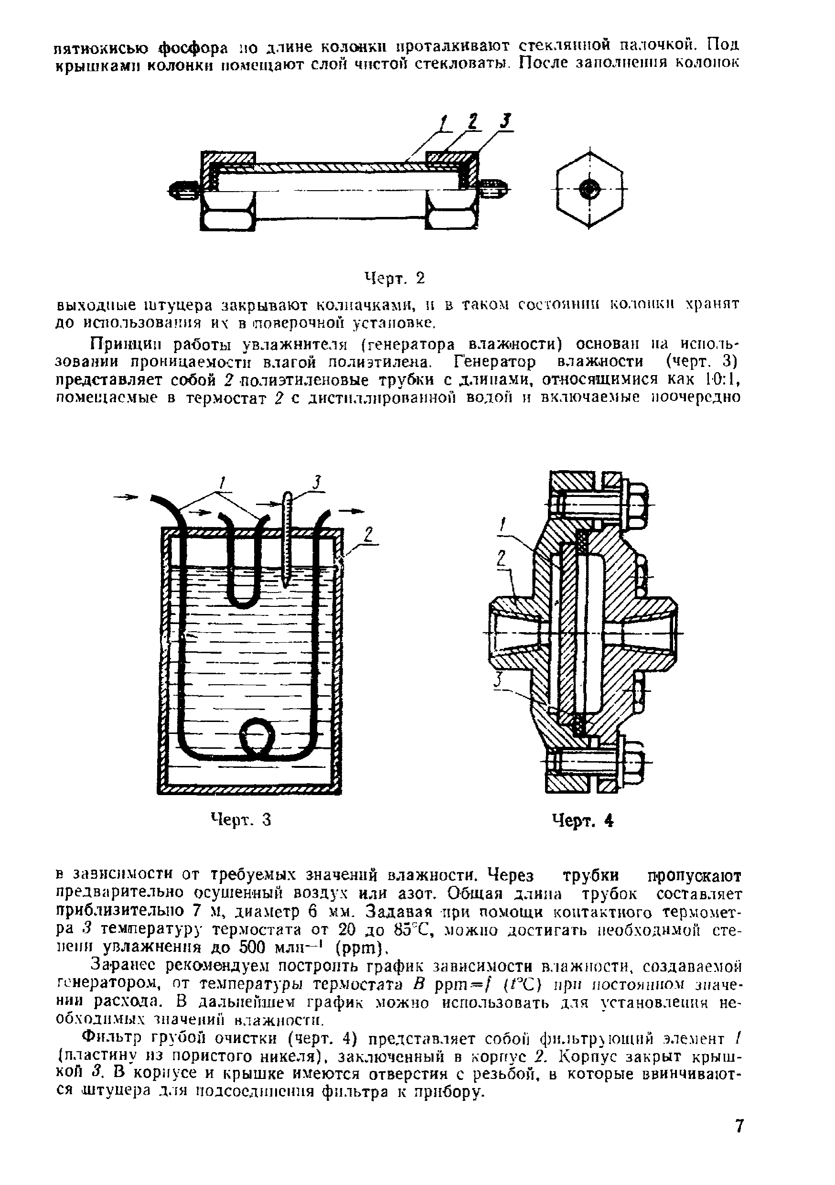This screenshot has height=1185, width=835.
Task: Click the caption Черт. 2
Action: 394,279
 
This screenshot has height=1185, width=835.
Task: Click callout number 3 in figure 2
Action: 507,122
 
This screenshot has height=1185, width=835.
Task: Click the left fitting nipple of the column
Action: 183,189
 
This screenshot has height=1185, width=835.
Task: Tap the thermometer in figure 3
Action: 288,537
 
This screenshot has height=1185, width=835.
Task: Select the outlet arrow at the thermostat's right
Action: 351,510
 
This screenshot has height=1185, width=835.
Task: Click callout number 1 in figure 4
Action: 503,526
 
